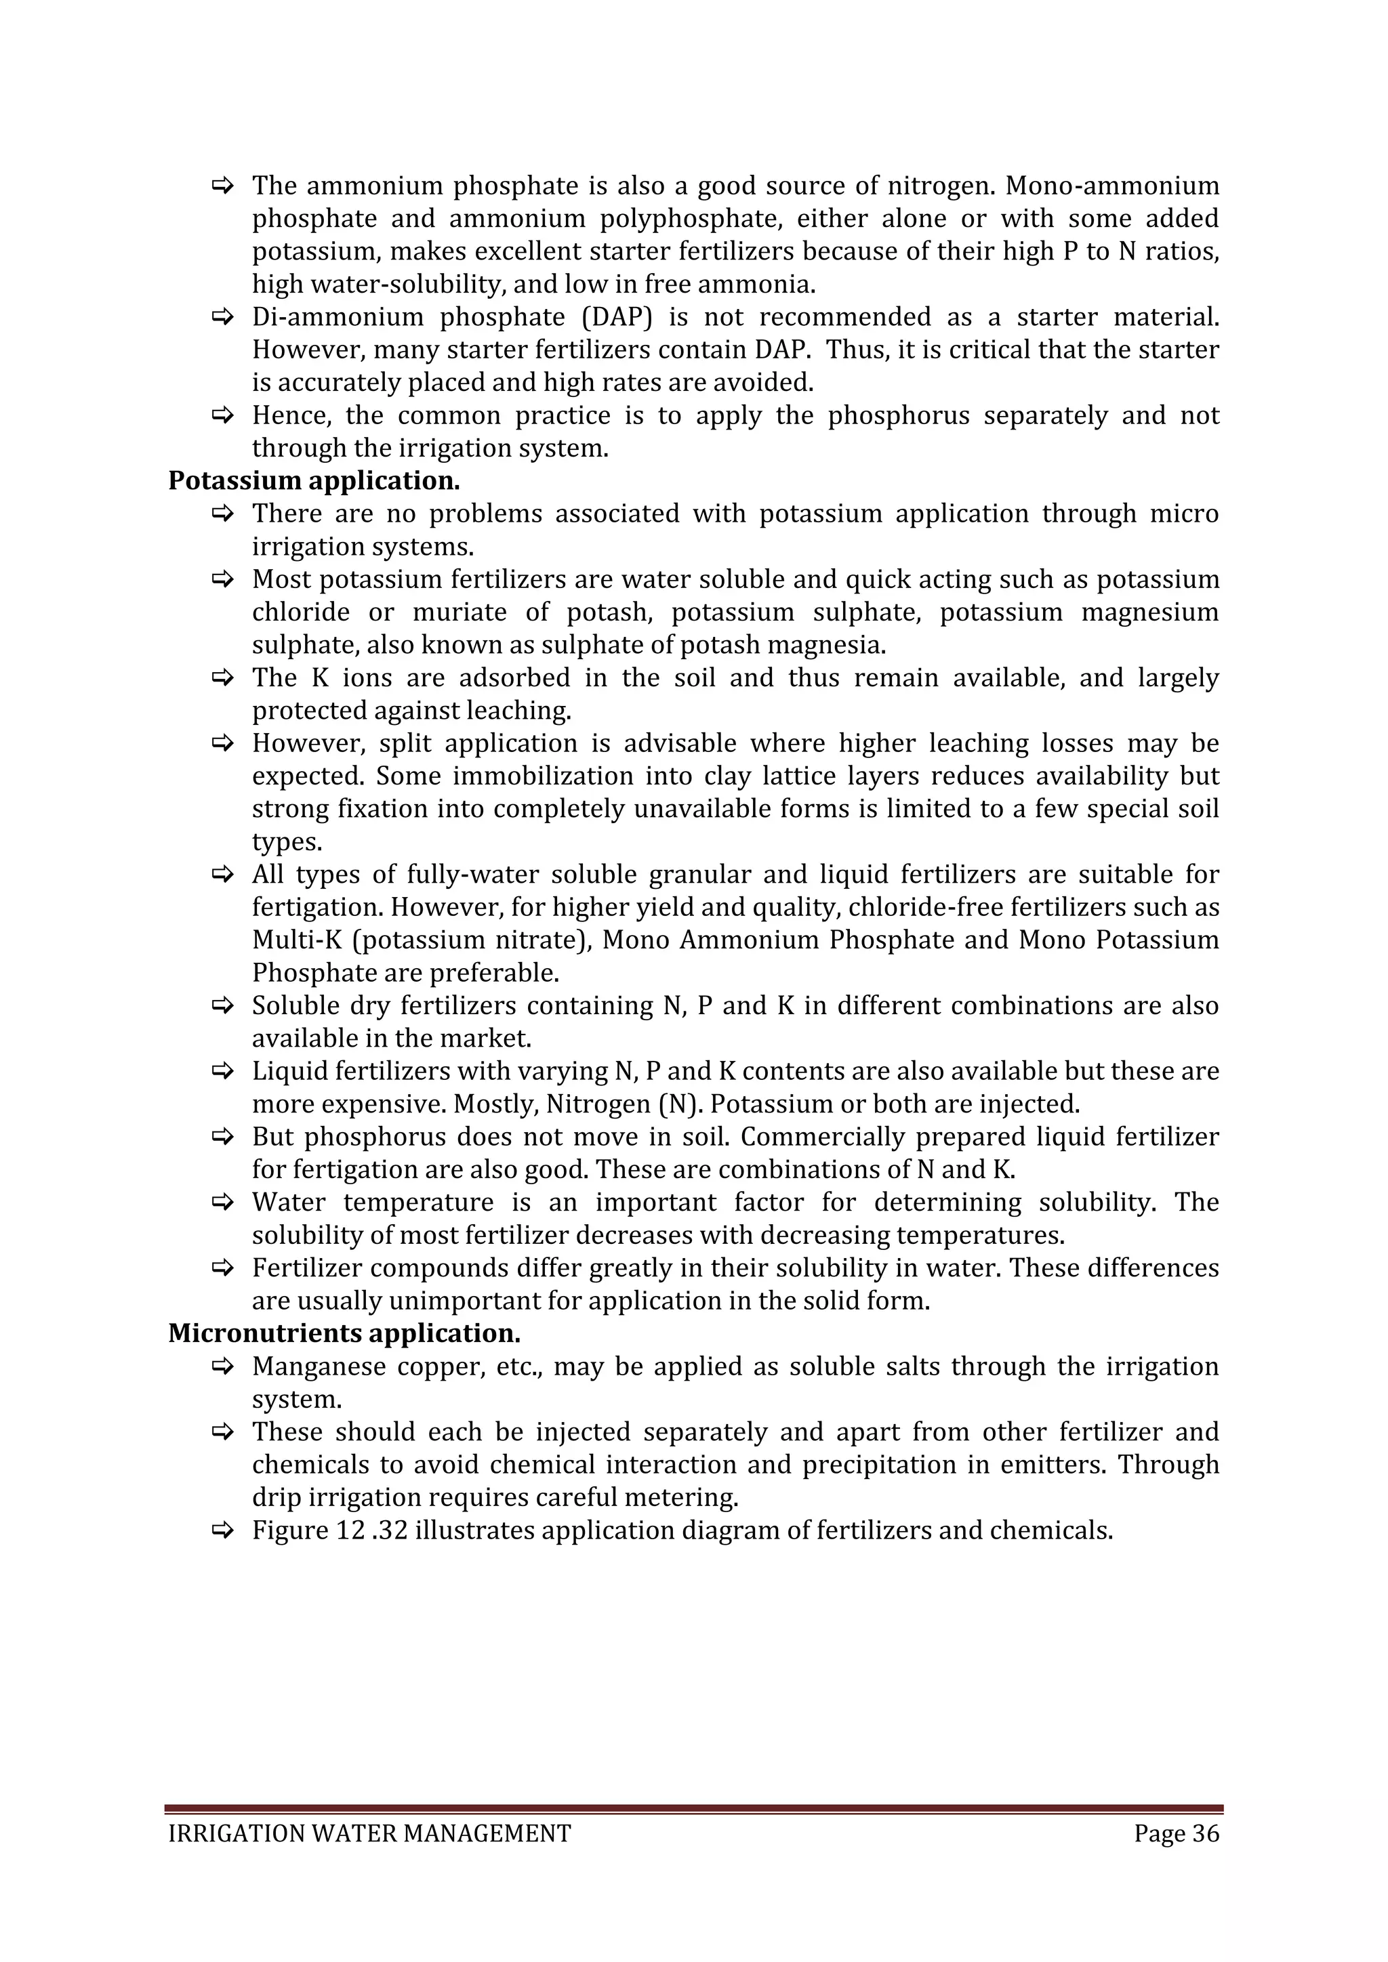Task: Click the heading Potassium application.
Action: click(x=314, y=481)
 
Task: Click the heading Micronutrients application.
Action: click(x=344, y=1333)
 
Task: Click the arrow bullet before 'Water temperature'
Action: click(x=223, y=1203)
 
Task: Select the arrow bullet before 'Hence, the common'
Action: click(x=223, y=416)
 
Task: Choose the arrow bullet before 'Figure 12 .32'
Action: click(x=223, y=1530)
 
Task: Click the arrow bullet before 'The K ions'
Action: click(x=223, y=678)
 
